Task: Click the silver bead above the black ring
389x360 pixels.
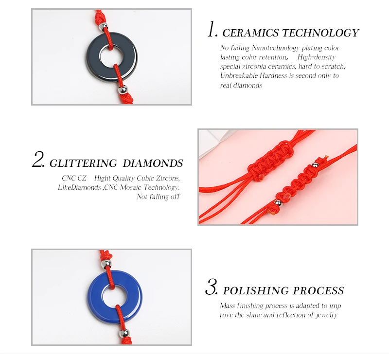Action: coord(103,26)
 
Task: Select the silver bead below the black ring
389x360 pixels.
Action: coord(123,90)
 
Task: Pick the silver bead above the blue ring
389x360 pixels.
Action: coord(106,264)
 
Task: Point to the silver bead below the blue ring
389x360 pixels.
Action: coord(124,333)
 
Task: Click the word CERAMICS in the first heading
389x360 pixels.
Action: coord(250,33)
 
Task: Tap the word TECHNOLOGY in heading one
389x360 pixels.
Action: coord(321,33)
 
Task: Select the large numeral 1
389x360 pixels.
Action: coord(212,29)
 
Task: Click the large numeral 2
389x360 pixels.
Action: coord(39,159)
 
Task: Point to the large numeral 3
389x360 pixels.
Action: coord(212,287)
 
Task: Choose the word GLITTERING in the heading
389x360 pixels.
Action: coord(83,163)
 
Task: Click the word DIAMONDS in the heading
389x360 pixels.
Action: coord(153,163)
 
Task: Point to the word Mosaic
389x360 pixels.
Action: coord(131,187)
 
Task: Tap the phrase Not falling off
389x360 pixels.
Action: coord(158,197)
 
